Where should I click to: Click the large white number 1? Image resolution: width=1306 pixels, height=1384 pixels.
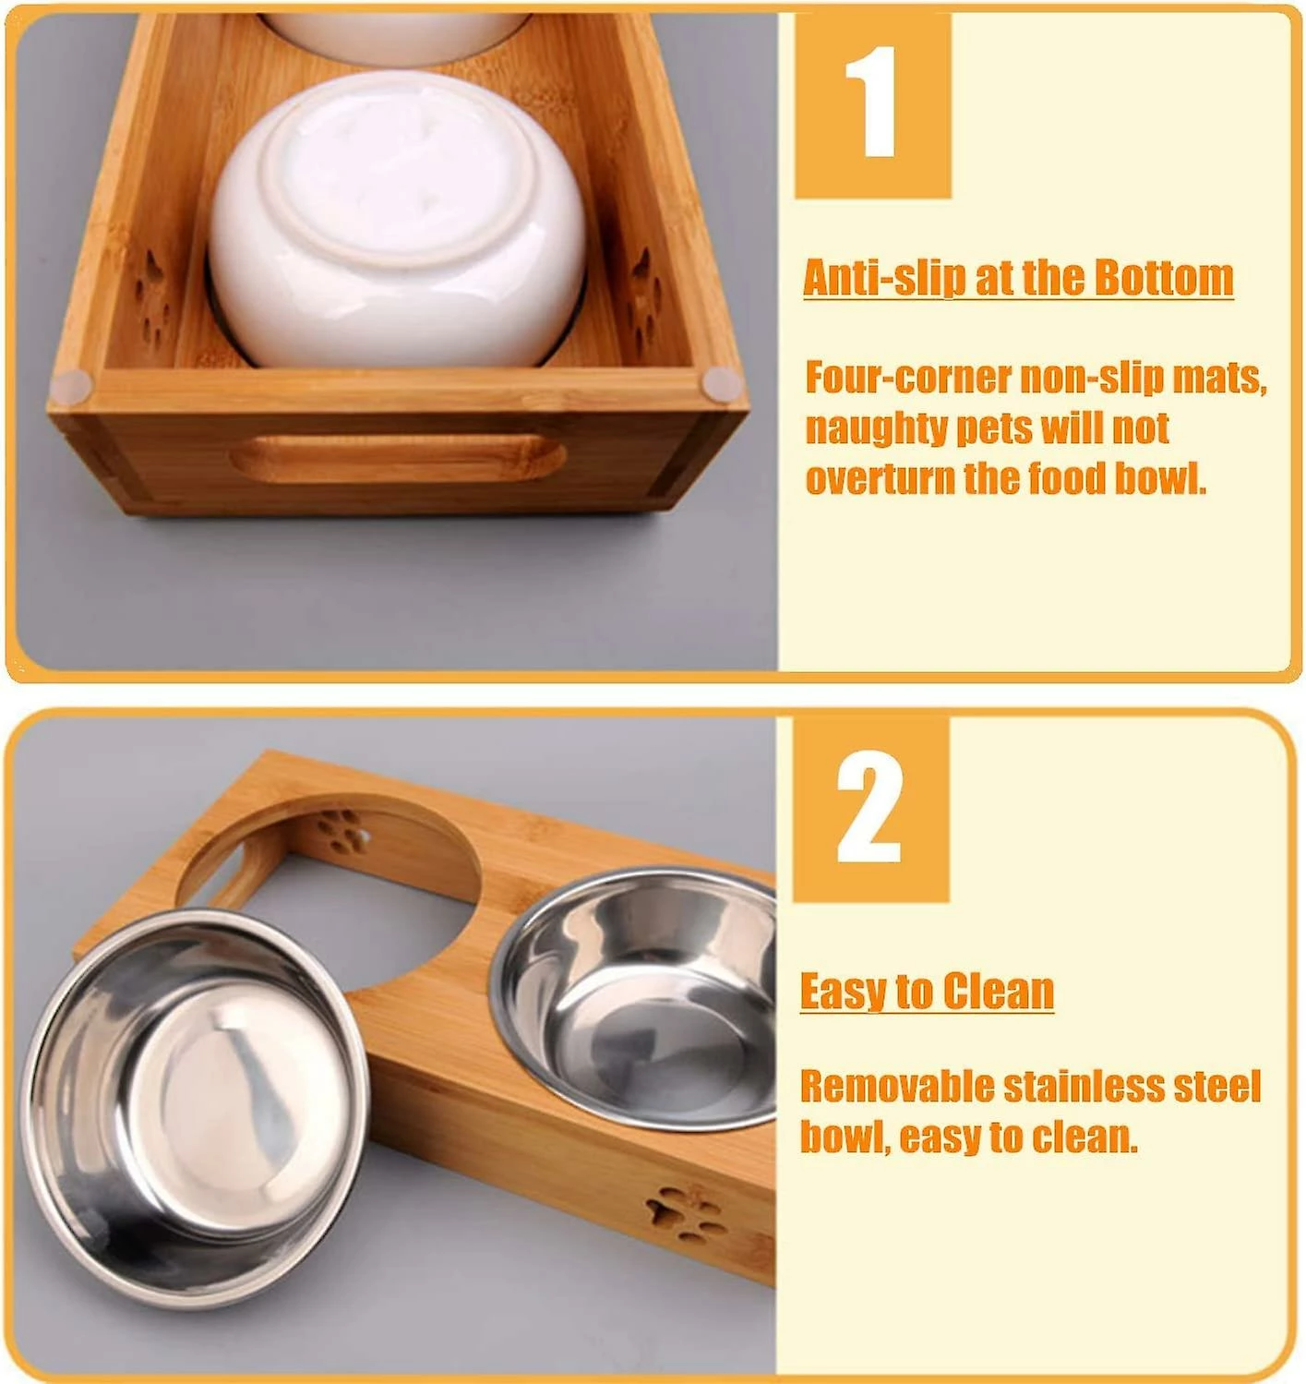872,102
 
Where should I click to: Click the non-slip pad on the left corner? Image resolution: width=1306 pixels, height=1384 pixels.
72,385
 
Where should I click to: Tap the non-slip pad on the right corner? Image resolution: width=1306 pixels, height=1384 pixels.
722,384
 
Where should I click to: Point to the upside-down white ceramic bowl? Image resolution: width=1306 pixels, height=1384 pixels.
397,220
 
